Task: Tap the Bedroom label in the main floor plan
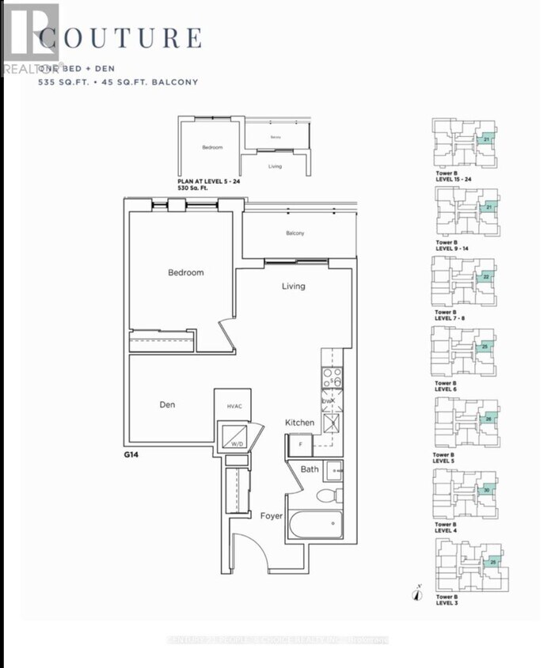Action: [x=185, y=272]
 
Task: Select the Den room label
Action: [x=167, y=404]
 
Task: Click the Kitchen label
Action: [x=300, y=423]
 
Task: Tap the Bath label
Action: [x=310, y=469]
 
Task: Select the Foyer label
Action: [x=272, y=515]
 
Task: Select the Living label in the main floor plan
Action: [x=293, y=286]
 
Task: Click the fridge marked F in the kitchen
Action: [x=301, y=443]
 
